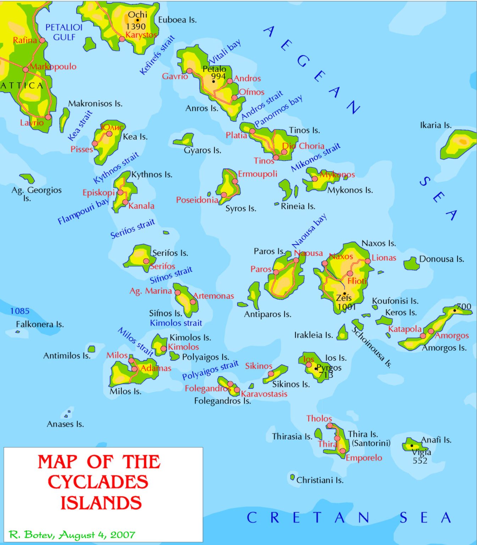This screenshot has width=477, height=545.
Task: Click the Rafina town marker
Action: click(x=42, y=40)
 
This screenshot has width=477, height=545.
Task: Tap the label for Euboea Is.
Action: click(x=177, y=20)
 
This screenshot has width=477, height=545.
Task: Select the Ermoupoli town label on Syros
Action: click(x=257, y=174)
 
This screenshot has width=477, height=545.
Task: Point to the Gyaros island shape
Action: click(x=184, y=140)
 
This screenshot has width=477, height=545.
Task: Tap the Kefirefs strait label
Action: click(x=157, y=55)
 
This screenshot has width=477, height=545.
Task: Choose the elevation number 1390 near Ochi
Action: click(x=136, y=27)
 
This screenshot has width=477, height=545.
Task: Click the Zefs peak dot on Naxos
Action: click(x=344, y=293)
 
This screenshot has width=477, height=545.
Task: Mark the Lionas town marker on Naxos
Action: click(x=368, y=261)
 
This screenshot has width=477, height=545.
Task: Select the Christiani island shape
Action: click(x=293, y=477)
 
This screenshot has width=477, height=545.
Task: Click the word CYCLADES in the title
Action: click(x=98, y=482)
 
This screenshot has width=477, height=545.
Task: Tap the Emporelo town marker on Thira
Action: click(x=343, y=451)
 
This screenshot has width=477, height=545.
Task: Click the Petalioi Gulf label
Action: click(x=64, y=32)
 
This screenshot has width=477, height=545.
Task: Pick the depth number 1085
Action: click(x=20, y=311)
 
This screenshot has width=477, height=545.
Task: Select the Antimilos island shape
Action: click(x=91, y=349)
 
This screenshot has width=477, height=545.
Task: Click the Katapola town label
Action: click(x=405, y=329)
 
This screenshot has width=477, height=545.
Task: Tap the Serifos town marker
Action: click(x=146, y=261)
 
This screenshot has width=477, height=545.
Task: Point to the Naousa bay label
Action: click(x=309, y=231)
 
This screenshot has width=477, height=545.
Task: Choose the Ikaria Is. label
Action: click(x=436, y=125)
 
